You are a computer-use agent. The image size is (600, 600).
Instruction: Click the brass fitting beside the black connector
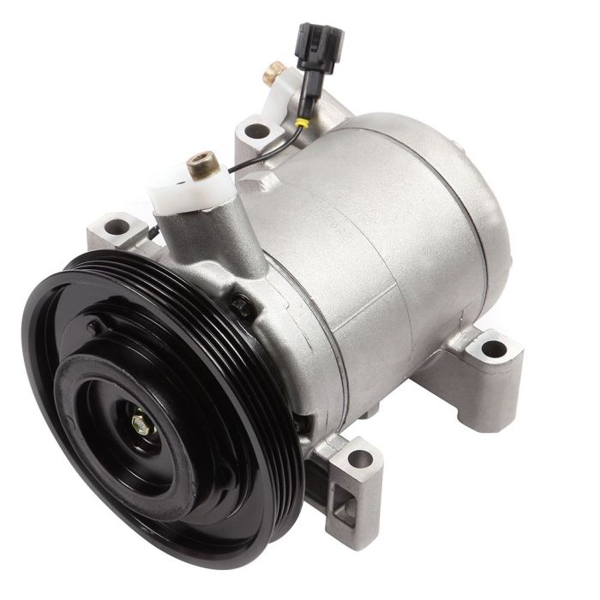[275, 72]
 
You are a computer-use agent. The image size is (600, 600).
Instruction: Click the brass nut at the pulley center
[141, 423]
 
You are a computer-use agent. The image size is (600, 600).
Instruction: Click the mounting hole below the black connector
[256, 131]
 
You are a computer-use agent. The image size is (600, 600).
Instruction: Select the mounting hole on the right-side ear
[493, 349]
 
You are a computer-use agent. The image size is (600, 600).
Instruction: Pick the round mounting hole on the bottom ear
[361, 459]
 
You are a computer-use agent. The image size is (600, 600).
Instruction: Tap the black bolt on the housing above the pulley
[243, 302]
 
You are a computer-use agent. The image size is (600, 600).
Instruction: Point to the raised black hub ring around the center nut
[120, 403]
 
